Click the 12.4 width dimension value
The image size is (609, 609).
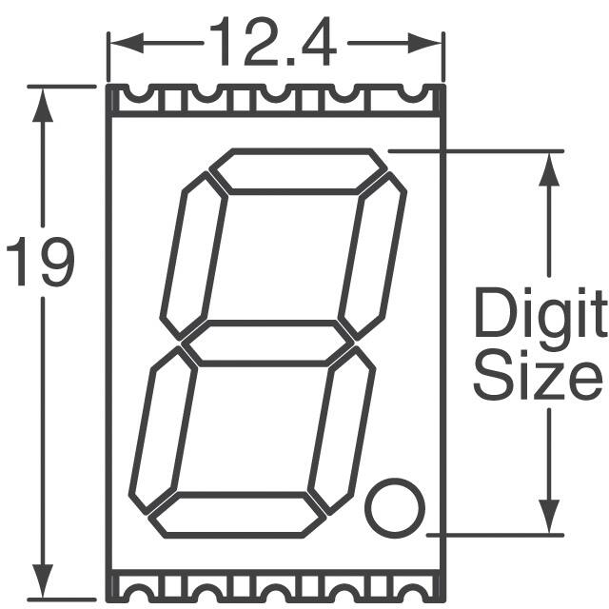273,42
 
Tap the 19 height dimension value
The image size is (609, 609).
40,262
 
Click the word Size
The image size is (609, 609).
538,375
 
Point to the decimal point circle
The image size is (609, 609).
395,508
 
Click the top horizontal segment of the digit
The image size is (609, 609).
298,171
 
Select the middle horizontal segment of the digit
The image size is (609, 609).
267,344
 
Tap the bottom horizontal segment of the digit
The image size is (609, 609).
237,515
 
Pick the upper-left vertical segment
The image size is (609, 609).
194,256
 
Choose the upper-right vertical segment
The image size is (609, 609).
372,256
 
